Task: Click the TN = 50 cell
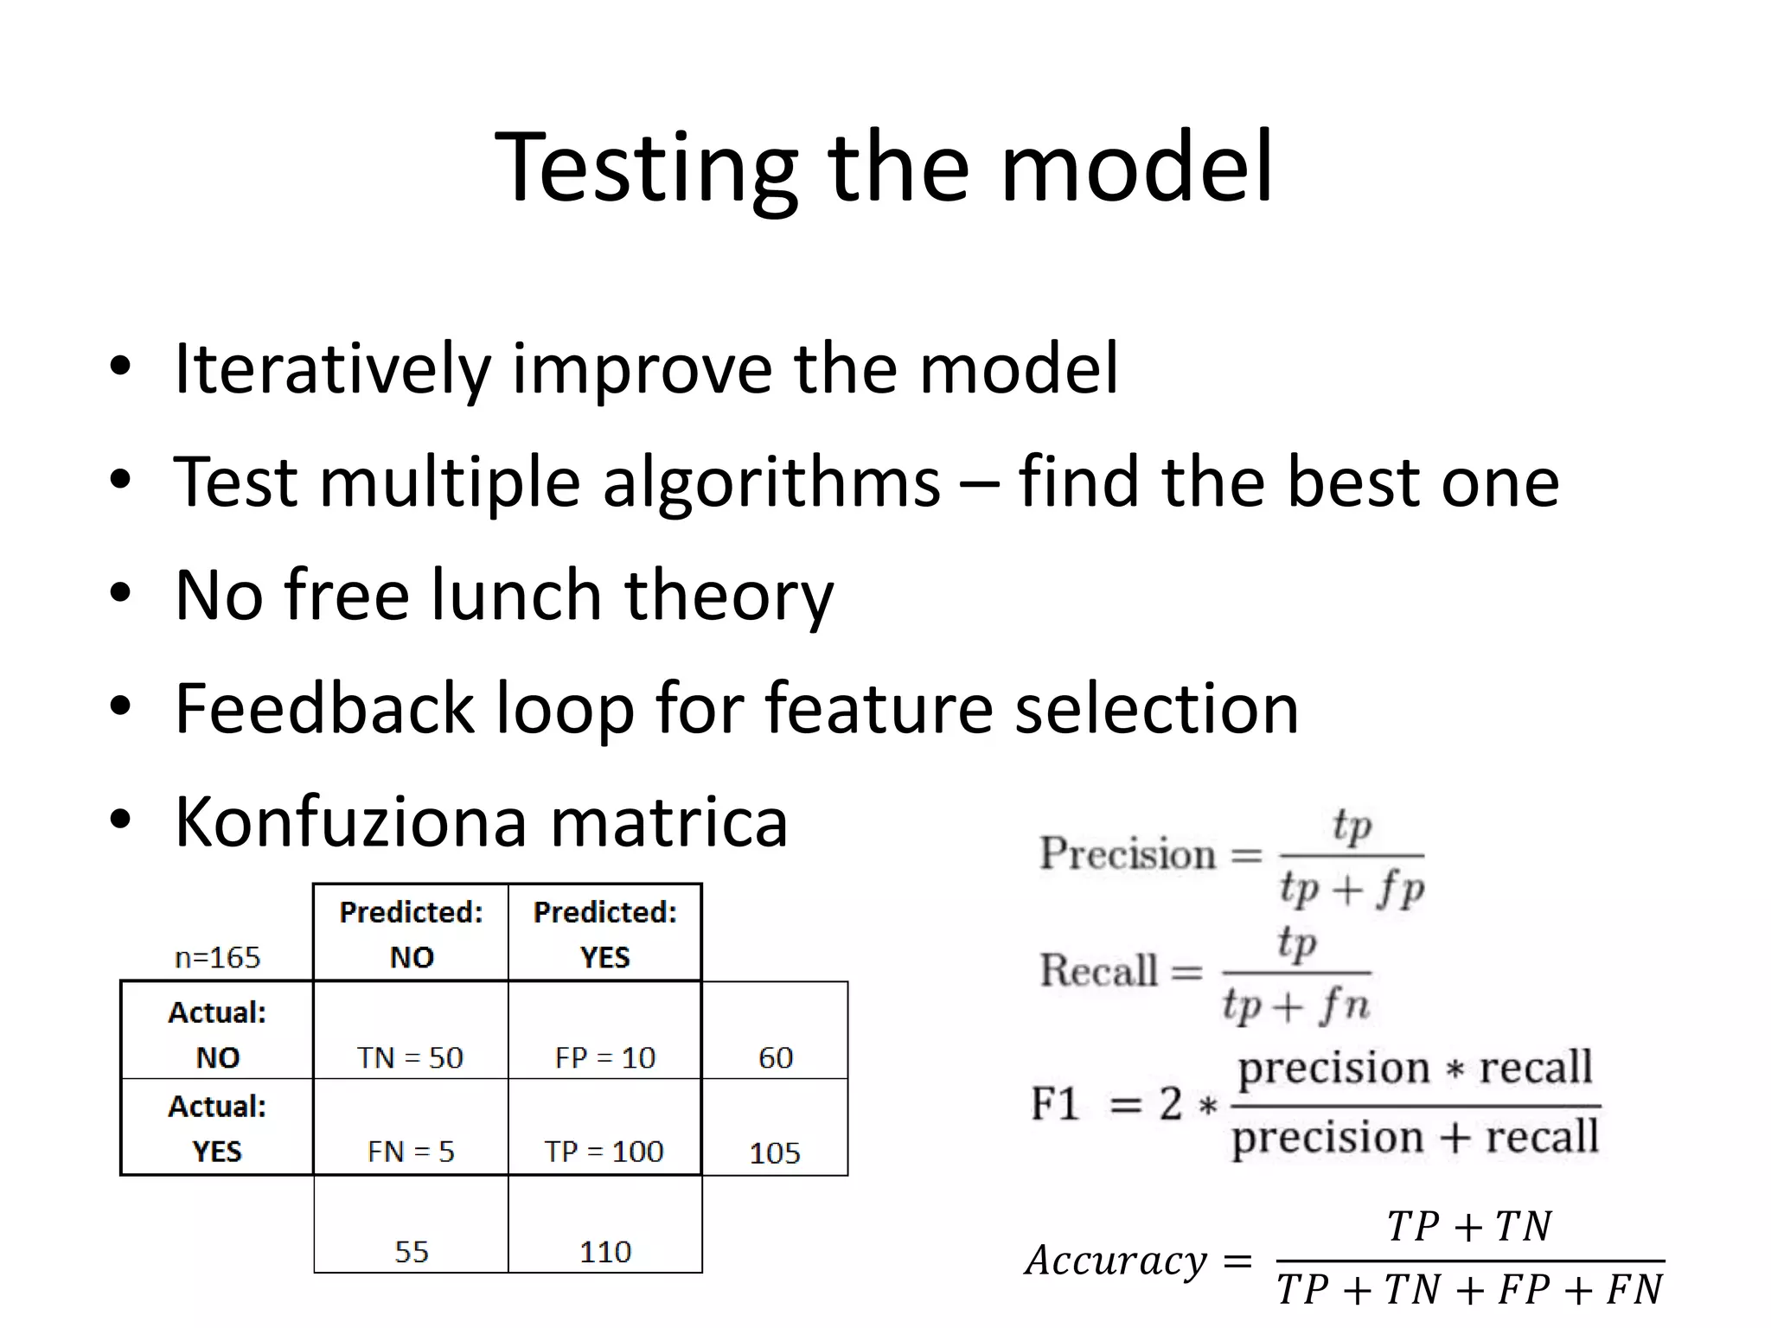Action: point(411,1057)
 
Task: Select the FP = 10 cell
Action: point(605,1057)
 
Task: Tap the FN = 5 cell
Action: point(411,1151)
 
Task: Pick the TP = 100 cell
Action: point(604,1151)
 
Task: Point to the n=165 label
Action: point(217,957)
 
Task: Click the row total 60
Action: point(776,1057)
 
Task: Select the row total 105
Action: point(775,1152)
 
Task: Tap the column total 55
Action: point(412,1251)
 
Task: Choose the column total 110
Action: point(605,1251)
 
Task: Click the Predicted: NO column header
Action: point(412,934)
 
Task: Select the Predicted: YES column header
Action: point(605,934)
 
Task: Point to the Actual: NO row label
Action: point(217,1034)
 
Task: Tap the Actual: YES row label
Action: point(217,1128)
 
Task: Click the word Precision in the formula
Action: point(1128,853)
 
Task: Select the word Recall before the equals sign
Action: point(1098,970)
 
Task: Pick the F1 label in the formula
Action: point(1055,1104)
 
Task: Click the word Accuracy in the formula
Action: point(1116,1261)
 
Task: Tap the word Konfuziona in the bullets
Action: point(351,821)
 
